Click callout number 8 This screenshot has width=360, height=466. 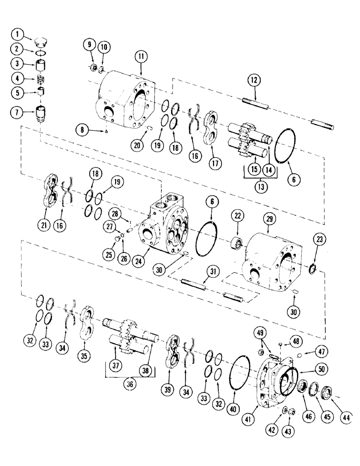[x=81, y=131]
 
